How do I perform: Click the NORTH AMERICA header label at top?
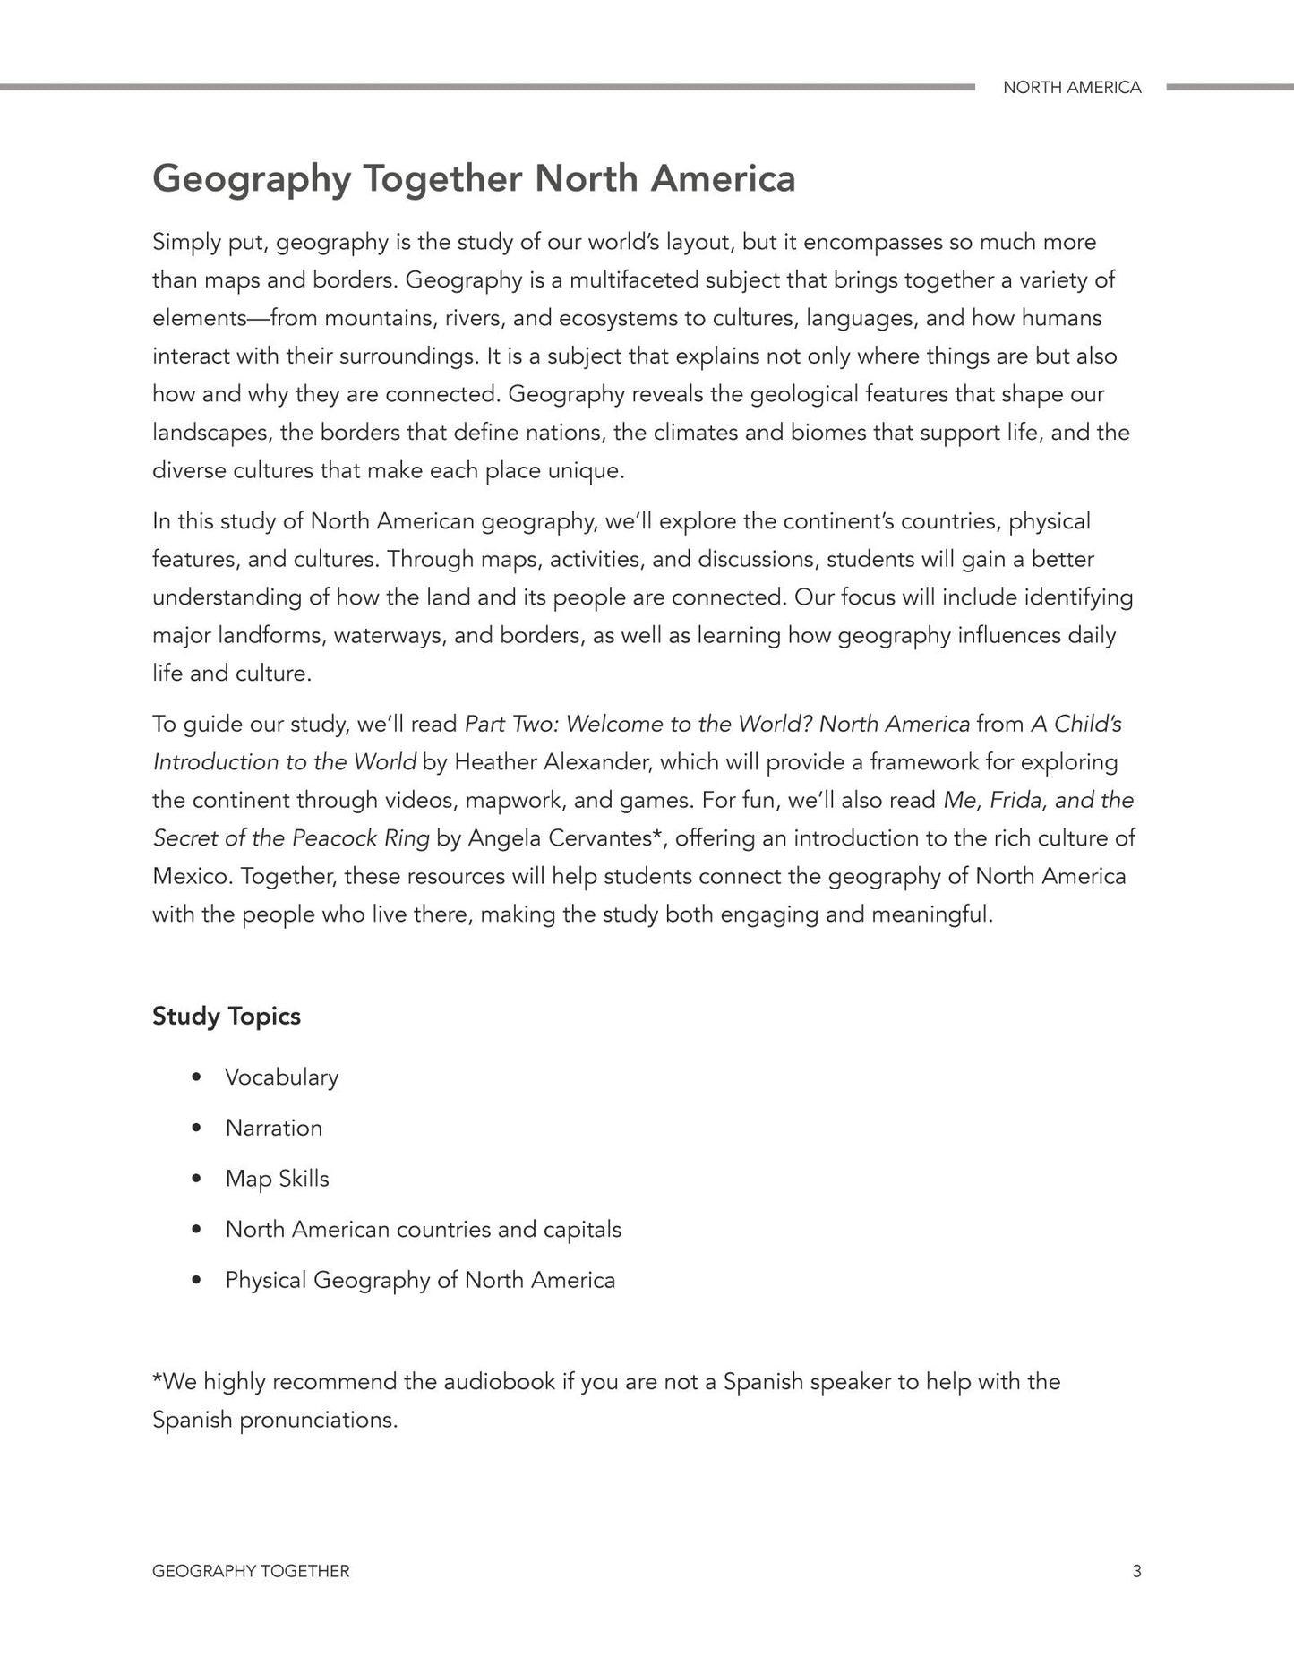[1071, 88]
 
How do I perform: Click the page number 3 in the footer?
[1136, 1570]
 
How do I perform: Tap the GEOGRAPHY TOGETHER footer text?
[251, 1571]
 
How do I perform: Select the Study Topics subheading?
[227, 1016]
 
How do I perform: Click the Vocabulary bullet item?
[281, 1077]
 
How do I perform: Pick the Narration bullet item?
[273, 1128]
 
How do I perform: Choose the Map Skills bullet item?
[277, 1179]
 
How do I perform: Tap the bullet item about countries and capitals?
[423, 1229]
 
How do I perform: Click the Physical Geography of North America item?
[420, 1280]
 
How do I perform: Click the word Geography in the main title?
[252, 179]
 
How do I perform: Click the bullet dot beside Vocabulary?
[196, 1077]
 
